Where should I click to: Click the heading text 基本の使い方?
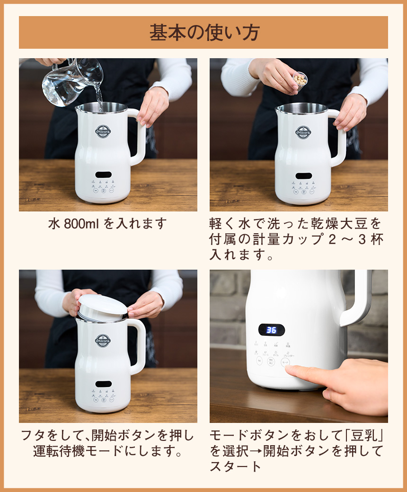(x=203, y=33)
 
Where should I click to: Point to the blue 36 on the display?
(x=271, y=330)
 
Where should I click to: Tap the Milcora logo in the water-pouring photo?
(x=103, y=132)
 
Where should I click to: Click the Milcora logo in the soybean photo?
(x=303, y=132)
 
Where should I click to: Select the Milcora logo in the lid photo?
(x=103, y=340)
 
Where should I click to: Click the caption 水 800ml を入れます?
(x=108, y=223)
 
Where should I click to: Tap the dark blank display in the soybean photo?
(x=303, y=176)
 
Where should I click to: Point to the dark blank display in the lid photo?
(x=103, y=384)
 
